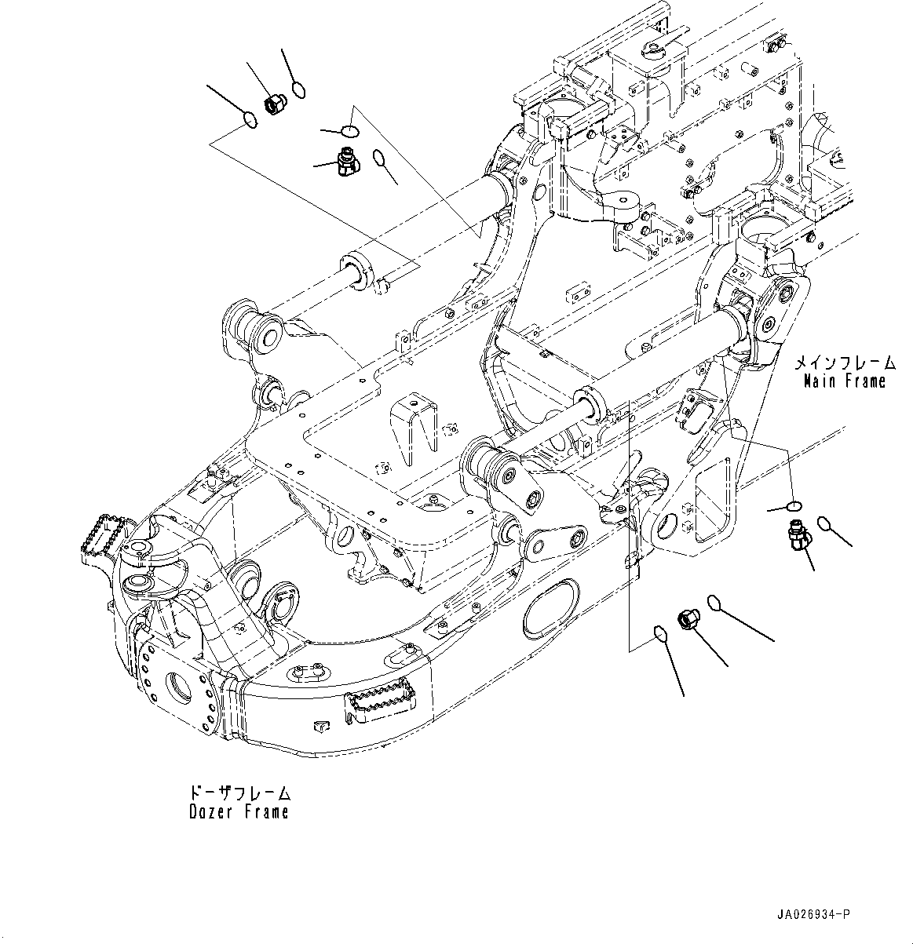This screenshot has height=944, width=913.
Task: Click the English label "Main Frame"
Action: click(844, 382)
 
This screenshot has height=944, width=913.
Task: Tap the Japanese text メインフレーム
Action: click(844, 363)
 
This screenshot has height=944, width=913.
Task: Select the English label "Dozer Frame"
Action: click(239, 812)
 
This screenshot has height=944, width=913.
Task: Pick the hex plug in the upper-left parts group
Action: click(275, 103)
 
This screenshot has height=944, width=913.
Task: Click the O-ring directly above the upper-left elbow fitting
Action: click(351, 130)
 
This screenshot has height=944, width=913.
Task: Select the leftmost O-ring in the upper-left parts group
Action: click(250, 120)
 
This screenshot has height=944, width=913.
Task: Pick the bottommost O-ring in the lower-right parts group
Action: click(661, 632)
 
